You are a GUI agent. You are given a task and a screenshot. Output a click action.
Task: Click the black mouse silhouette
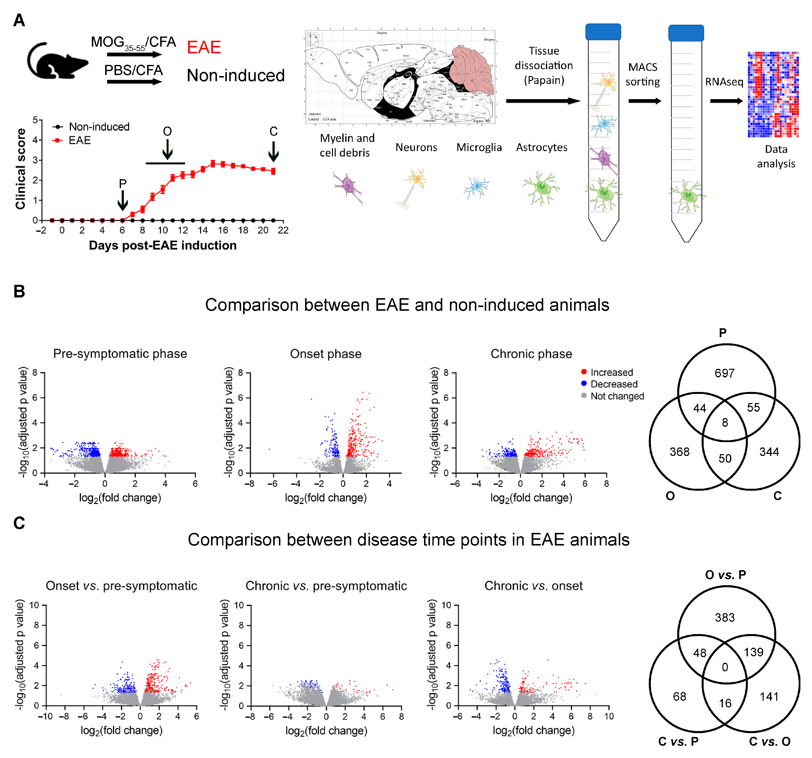(x=57, y=61)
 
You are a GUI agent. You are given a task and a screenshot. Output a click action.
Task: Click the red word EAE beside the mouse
(x=204, y=47)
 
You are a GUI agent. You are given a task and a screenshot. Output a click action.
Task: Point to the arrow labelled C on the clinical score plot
(x=274, y=151)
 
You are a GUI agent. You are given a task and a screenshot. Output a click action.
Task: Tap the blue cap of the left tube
(x=603, y=32)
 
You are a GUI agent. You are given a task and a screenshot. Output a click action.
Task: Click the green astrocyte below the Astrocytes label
(x=541, y=188)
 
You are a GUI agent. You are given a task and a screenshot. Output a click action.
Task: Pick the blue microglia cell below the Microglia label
(x=476, y=188)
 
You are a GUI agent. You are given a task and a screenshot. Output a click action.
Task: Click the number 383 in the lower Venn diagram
(x=725, y=618)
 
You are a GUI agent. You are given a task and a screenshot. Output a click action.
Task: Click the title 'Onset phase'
(x=326, y=354)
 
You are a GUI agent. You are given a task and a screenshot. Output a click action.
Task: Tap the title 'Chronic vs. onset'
(x=533, y=586)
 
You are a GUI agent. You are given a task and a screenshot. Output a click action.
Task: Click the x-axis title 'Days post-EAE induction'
(x=163, y=245)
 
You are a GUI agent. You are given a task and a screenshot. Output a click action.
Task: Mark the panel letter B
(x=19, y=292)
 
